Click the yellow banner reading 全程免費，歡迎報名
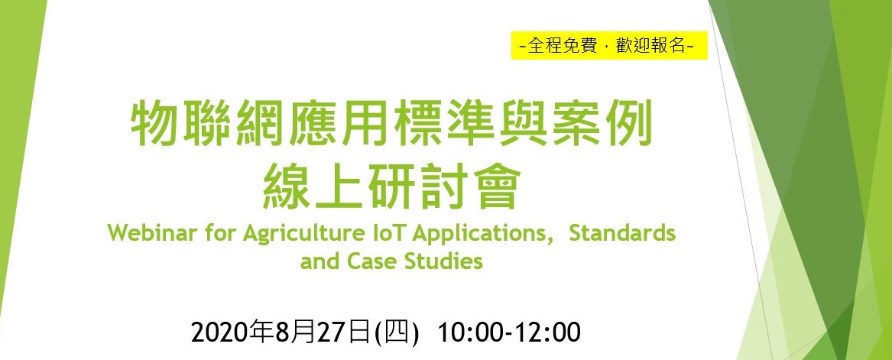[x=608, y=45]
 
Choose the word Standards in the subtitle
[x=622, y=234]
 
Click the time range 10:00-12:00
[x=508, y=333]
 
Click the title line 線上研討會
[x=391, y=185]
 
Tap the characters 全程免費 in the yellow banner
[x=563, y=46]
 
